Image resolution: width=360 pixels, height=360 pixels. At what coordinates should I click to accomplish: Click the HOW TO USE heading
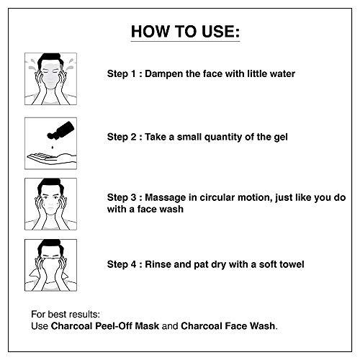coord(179,32)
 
